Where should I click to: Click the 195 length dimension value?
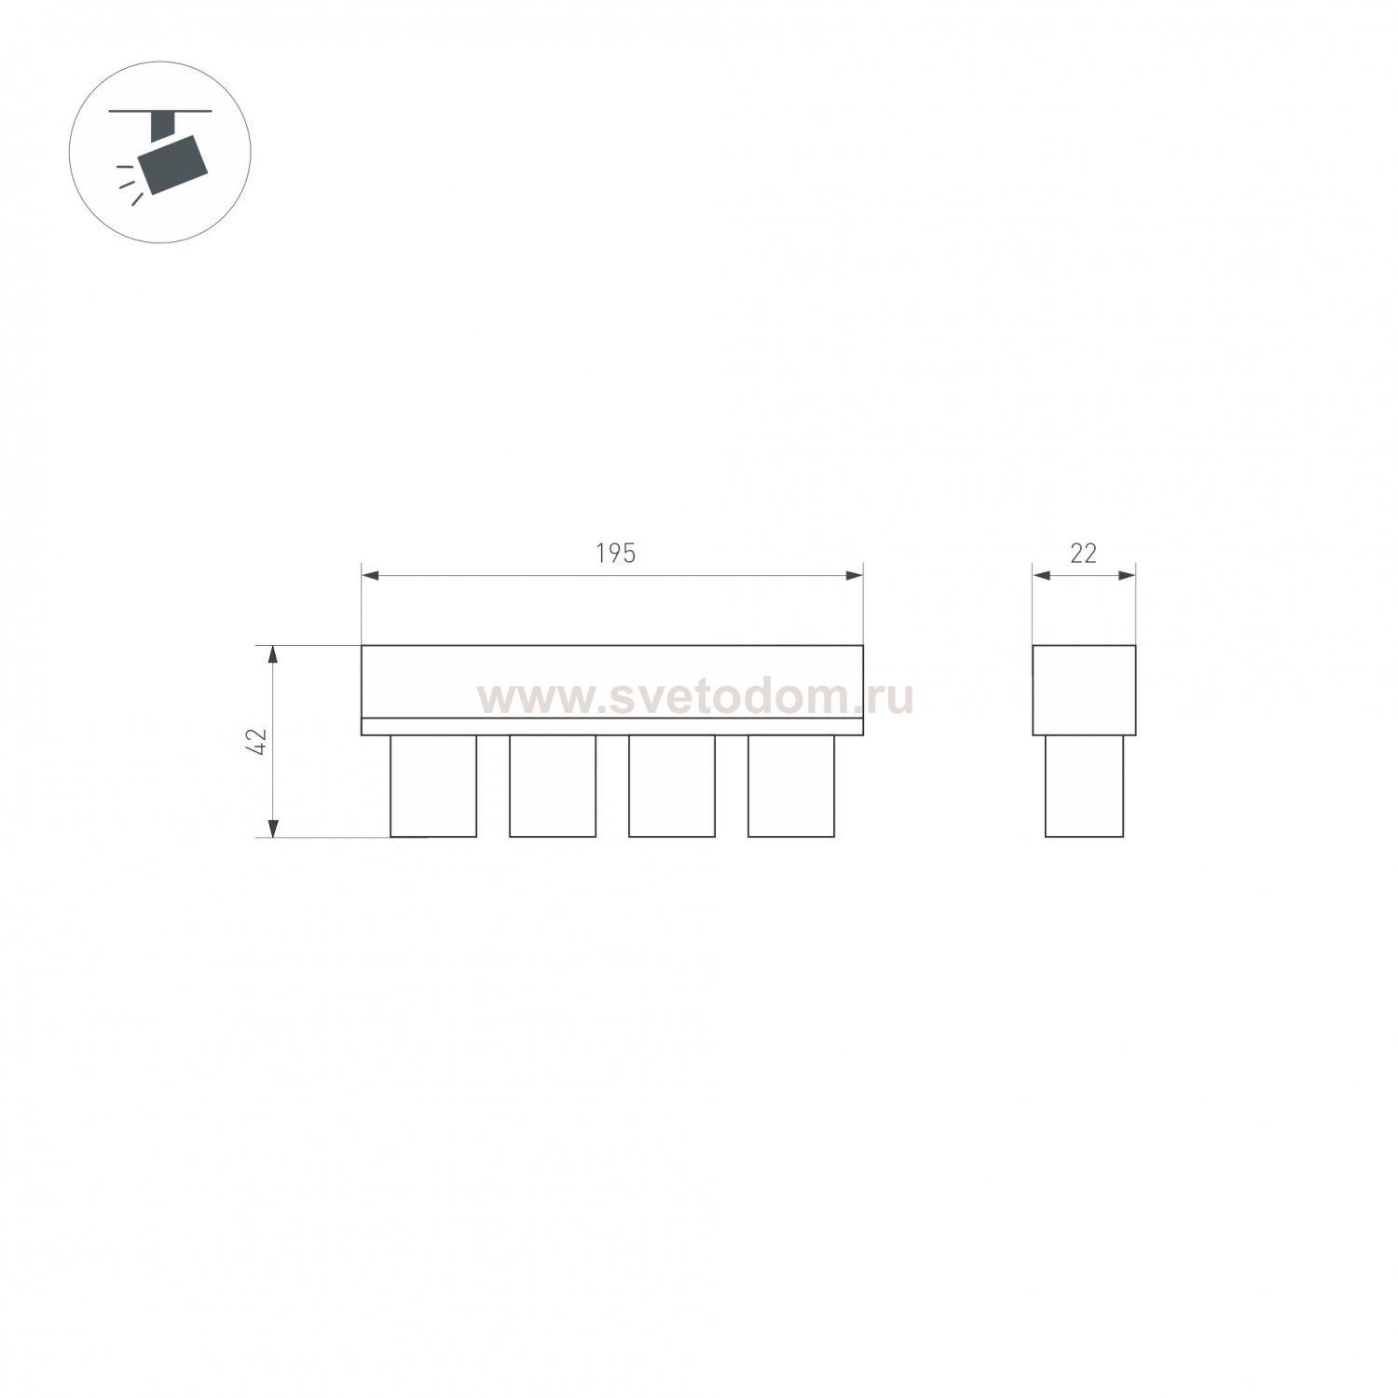click(x=615, y=554)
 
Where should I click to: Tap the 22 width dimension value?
click(x=1083, y=554)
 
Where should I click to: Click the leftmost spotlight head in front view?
click(x=433, y=786)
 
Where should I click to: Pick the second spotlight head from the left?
click(x=553, y=786)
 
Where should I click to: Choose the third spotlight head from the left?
click(x=672, y=786)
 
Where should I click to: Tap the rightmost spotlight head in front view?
click(x=791, y=786)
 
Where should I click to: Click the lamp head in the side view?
click(x=1084, y=786)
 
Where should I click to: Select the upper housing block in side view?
click(x=1084, y=690)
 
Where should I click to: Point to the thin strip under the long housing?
click(x=612, y=727)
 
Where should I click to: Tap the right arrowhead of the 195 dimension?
click(x=854, y=576)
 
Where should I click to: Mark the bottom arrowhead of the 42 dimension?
click(x=273, y=828)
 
